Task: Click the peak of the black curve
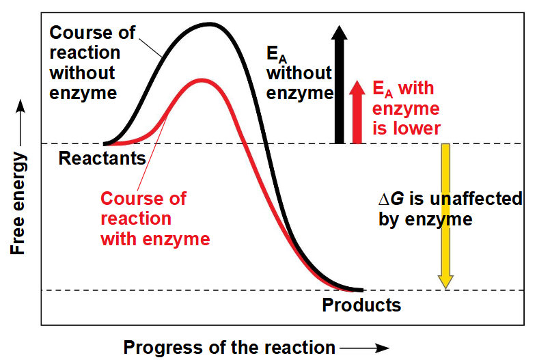(x=209, y=25)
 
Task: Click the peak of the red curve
(x=202, y=81)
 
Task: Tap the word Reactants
(x=102, y=158)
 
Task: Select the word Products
(x=361, y=305)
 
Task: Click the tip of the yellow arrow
(x=445, y=288)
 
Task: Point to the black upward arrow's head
(x=339, y=32)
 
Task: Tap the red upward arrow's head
(x=357, y=87)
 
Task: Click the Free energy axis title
(x=18, y=204)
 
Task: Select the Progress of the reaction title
(x=229, y=347)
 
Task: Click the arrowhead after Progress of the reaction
(x=383, y=348)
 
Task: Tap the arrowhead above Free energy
(x=20, y=106)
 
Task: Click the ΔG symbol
(x=391, y=199)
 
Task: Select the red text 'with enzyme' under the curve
(x=155, y=238)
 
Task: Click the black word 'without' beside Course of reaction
(x=82, y=73)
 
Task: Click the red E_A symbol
(x=383, y=89)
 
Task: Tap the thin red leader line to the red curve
(x=152, y=153)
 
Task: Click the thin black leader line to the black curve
(x=150, y=48)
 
